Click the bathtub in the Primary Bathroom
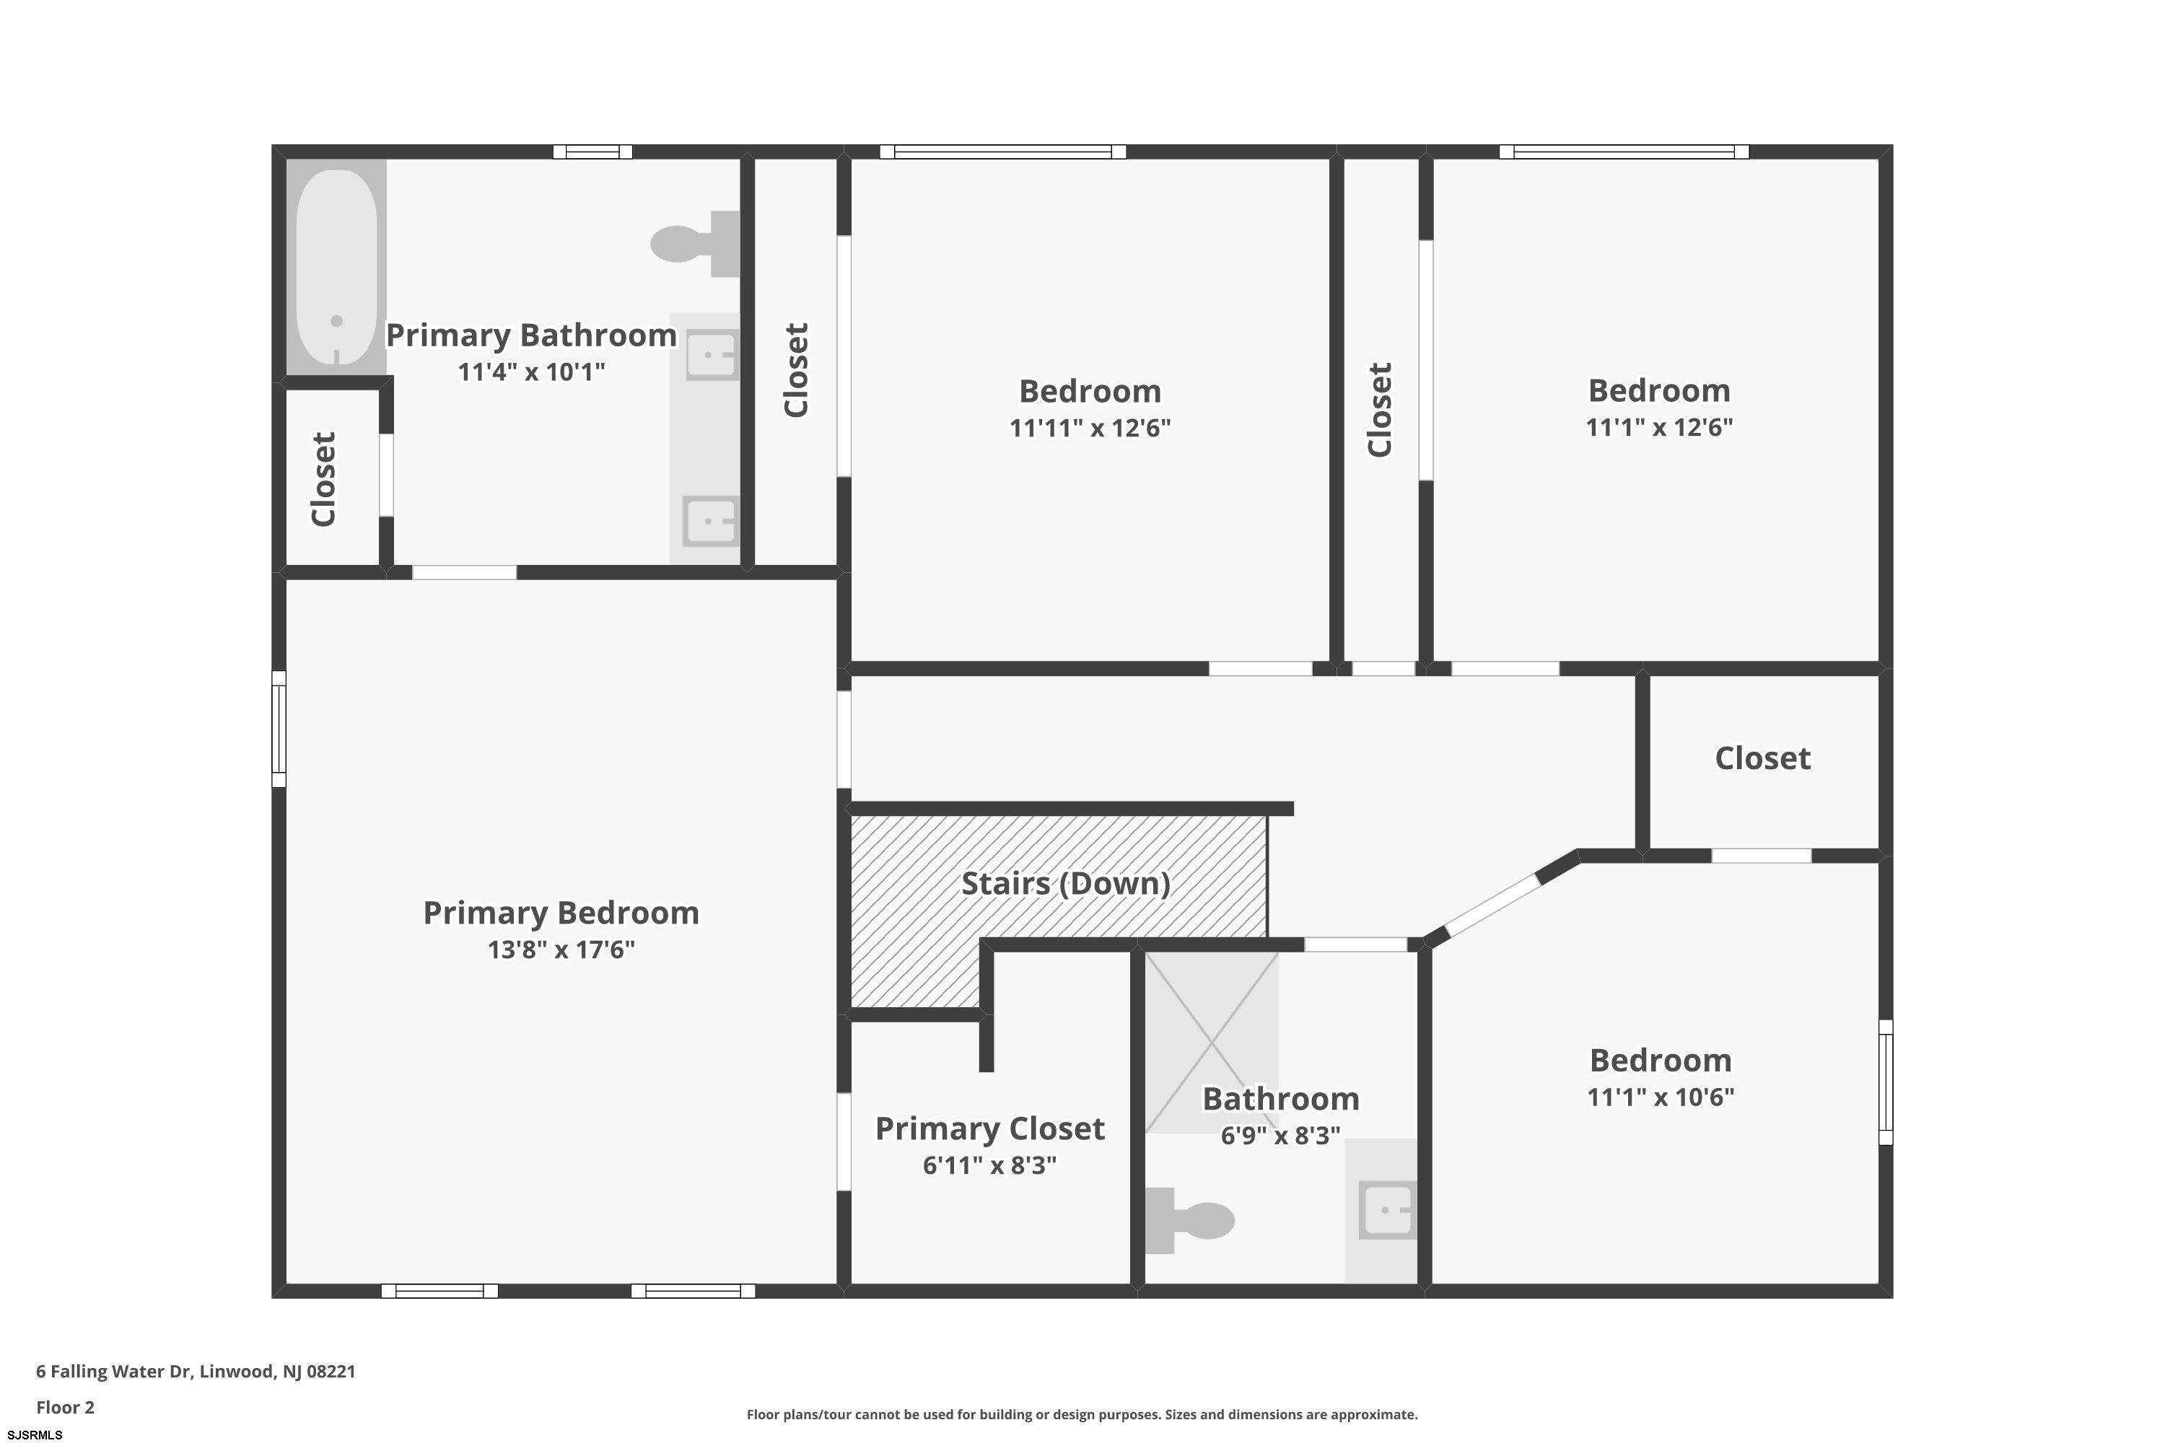point(337,267)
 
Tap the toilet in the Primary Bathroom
point(695,244)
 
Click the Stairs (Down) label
point(1066,883)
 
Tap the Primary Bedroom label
point(561,913)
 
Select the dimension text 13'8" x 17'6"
point(561,949)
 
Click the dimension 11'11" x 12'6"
point(1090,428)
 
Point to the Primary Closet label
point(989,1128)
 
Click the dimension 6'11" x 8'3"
point(989,1165)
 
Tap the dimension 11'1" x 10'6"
point(1661,1097)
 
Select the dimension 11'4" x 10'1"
point(531,372)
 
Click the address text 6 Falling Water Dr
point(114,1372)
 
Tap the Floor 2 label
point(66,1407)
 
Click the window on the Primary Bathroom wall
point(592,152)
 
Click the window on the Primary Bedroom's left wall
point(279,729)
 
